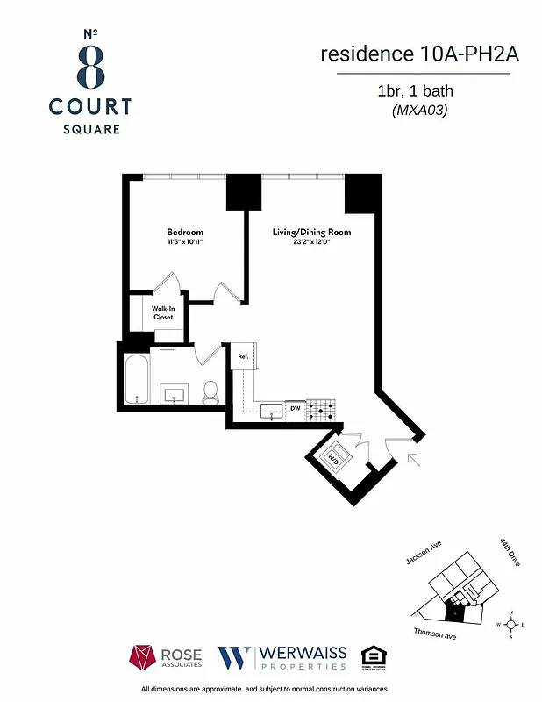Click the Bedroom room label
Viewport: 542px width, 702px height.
pos(185,233)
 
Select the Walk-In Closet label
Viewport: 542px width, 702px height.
pos(163,313)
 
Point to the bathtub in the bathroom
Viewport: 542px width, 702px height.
pos(136,379)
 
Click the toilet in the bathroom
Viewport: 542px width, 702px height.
pos(210,391)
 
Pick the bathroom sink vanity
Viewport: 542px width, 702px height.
pos(175,392)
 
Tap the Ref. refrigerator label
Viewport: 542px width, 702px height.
pos(243,357)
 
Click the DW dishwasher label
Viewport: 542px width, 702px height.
pos(296,408)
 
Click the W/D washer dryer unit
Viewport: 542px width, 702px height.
pos(334,458)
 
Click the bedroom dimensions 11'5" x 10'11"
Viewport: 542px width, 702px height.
pos(185,242)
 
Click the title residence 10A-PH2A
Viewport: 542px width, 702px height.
pos(420,54)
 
